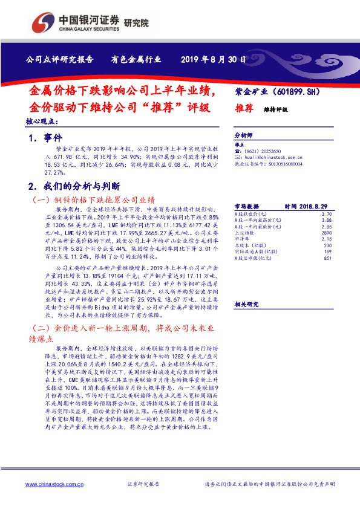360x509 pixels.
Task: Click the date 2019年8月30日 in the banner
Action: (x=214, y=60)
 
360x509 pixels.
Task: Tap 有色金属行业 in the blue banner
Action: (x=136, y=60)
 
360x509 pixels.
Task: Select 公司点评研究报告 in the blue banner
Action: (x=59, y=60)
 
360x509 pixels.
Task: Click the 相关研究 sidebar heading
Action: (x=246, y=304)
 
